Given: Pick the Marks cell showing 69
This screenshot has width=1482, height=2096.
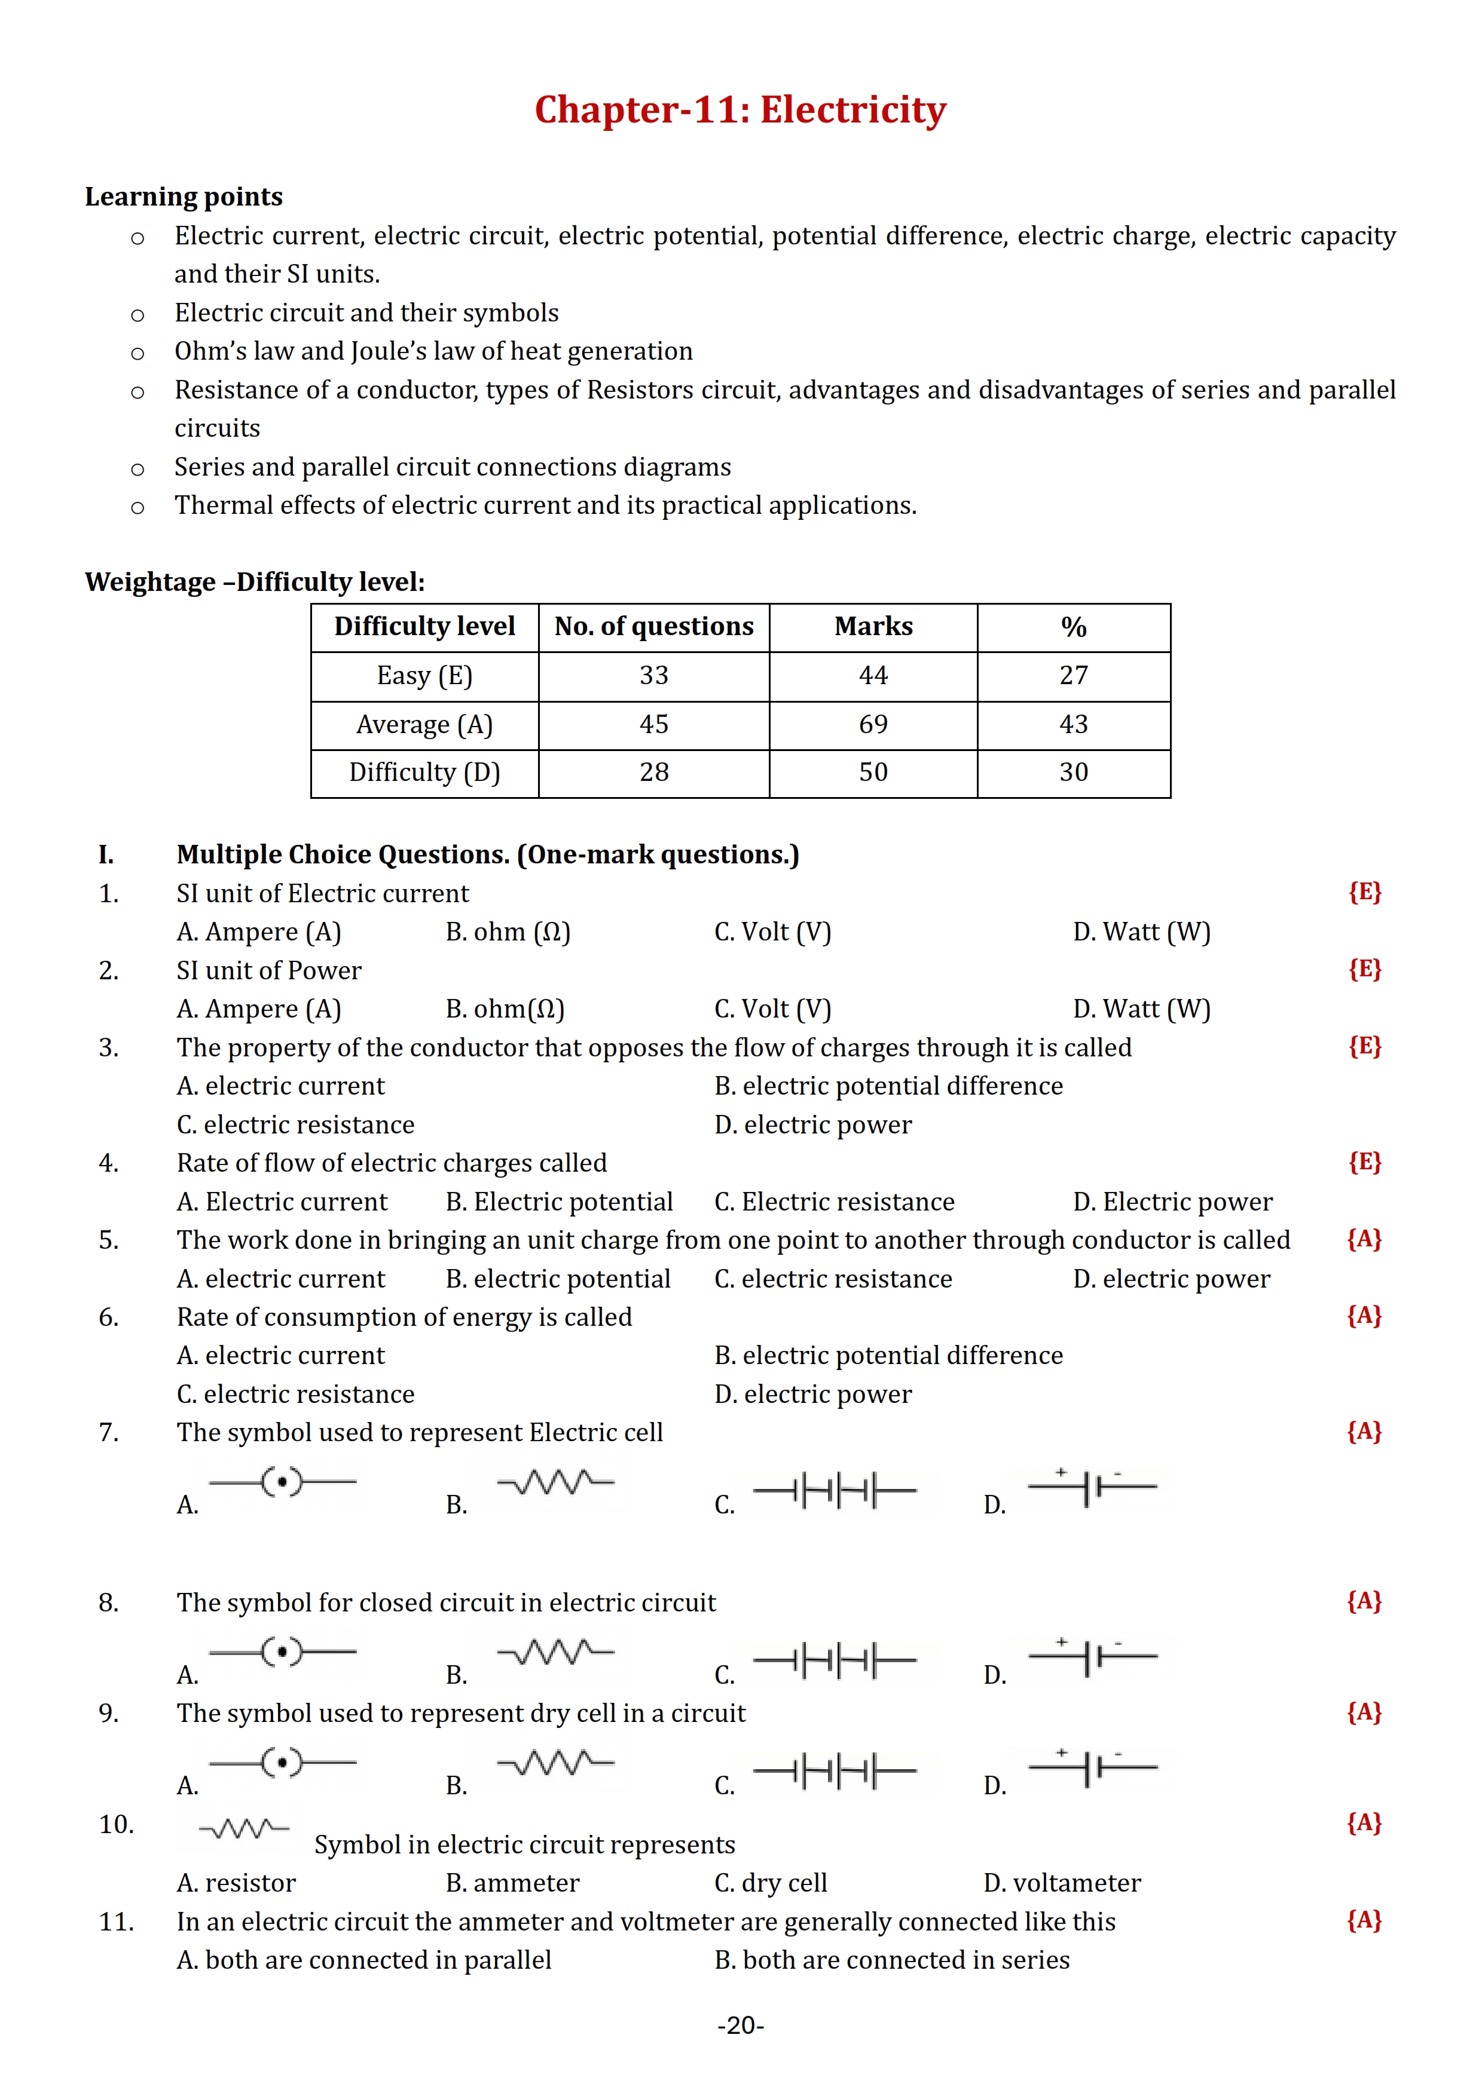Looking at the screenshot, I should point(873,724).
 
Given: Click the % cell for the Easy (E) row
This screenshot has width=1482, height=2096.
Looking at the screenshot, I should point(1073,676).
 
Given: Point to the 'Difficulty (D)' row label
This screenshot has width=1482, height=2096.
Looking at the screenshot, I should point(424,773).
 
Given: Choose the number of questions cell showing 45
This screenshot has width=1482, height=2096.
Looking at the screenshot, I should point(654,724).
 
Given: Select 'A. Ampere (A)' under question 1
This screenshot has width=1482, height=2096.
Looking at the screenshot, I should point(258,932).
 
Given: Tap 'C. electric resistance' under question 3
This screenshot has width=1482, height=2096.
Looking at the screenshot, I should point(295,1124).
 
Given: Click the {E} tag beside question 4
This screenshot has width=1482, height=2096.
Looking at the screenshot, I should point(1364,1162).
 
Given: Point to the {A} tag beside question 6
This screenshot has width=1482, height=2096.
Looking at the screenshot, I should point(1364,1316).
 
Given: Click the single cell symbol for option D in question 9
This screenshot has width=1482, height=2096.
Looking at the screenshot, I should point(1092,1767).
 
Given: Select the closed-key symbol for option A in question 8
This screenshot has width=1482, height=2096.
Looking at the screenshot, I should point(282,1651).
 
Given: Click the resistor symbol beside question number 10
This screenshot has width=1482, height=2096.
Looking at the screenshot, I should point(244,1828).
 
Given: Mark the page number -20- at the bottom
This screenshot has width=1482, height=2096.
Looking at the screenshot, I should point(741,2025).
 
